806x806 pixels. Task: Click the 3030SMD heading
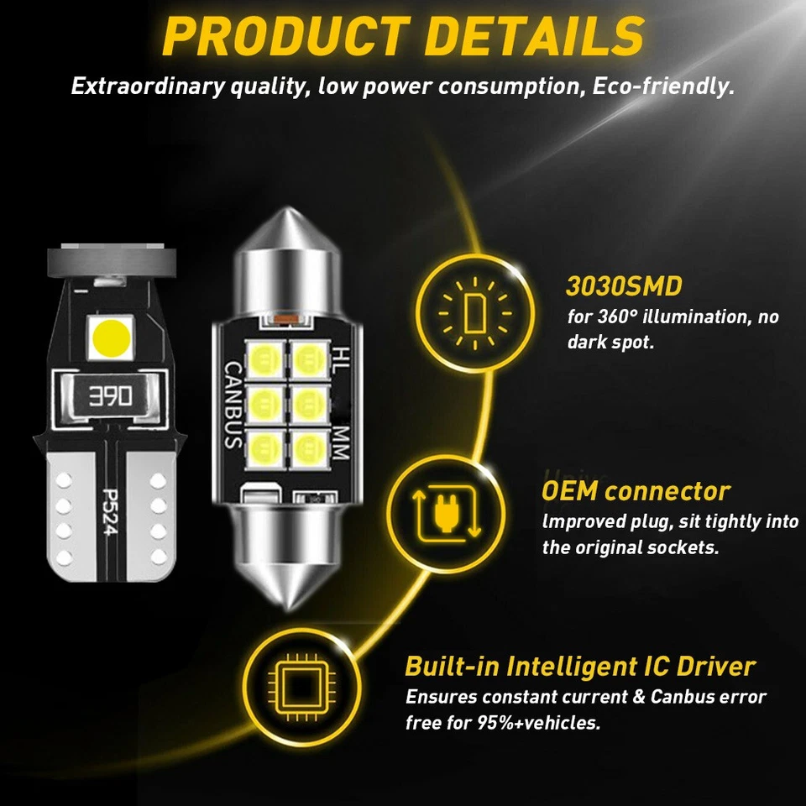624,286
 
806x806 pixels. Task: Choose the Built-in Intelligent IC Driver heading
580,667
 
